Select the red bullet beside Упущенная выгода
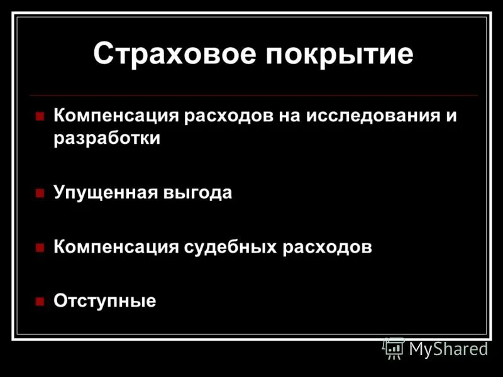coord(40,194)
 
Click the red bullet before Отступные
coord(40,302)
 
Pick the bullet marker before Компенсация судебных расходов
coord(40,248)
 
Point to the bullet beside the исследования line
coord(40,117)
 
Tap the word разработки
coord(107,139)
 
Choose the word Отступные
coord(104,301)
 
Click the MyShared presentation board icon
coord(393,347)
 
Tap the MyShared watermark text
coord(448,349)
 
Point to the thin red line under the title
coord(251,96)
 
